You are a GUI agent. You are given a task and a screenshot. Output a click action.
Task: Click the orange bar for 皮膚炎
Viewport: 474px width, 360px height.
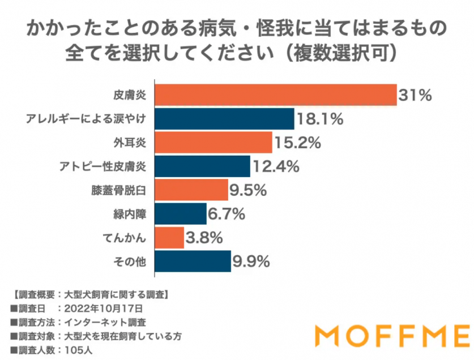coord(275,95)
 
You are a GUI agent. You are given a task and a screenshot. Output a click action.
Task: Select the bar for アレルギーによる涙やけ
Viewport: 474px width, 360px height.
coord(224,119)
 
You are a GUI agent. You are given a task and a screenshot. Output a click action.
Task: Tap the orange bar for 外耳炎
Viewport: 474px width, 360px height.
coord(212,143)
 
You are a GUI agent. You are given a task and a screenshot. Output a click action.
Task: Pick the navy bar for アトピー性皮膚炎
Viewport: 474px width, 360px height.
coord(202,166)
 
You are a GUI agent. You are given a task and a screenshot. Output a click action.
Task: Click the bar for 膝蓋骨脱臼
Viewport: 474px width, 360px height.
coord(190,190)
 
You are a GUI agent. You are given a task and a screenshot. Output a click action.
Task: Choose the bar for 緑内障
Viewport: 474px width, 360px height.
coord(180,214)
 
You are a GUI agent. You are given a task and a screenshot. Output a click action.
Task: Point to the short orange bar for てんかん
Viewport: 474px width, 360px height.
coord(169,238)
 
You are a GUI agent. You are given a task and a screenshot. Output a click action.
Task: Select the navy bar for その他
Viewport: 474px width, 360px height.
coord(192,262)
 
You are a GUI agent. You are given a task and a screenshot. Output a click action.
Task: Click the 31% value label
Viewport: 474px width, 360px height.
coord(415,95)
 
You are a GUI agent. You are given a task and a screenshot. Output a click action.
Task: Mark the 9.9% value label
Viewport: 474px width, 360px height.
coord(250,262)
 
